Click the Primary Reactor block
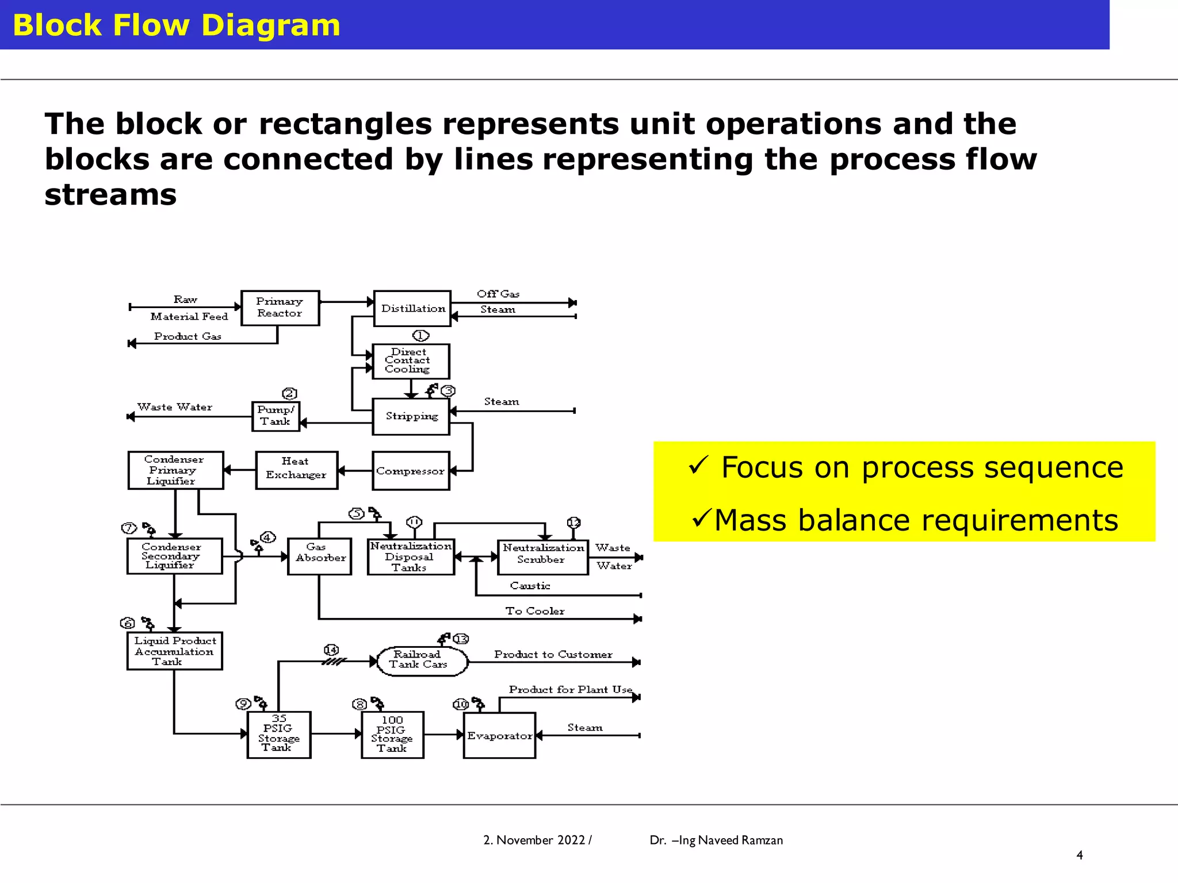coord(280,308)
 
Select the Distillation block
coord(412,308)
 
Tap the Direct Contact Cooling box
coord(411,361)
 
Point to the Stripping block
coord(411,416)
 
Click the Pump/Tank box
coord(276,416)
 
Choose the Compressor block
coord(411,471)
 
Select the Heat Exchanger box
coord(296,470)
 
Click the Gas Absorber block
coord(319,556)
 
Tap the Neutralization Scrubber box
coord(542,556)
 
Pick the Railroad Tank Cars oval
coord(422,661)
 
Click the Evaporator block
coord(499,735)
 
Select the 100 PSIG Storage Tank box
coord(392,735)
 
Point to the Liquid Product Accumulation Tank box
coord(174,651)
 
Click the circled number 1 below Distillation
coord(420,335)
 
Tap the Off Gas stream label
coord(498,294)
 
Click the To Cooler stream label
coord(534,611)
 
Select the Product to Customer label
coord(553,654)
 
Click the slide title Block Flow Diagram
coord(177,25)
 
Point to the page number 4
coord(1079,855)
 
